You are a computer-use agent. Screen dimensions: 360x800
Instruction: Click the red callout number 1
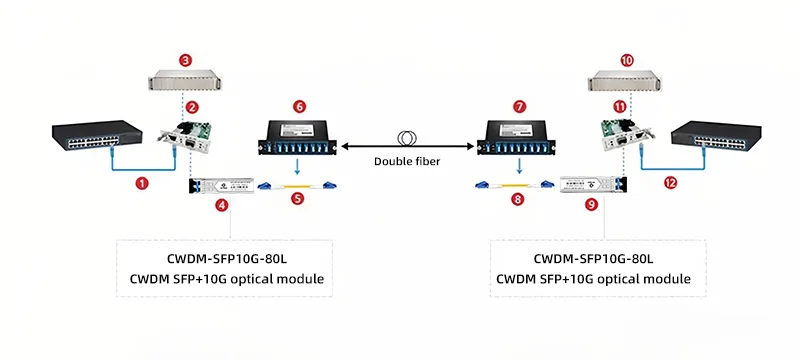pyautogui.click(x=142, y=183)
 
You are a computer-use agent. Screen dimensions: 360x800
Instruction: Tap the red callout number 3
pyautogui.click(x=186, y=60)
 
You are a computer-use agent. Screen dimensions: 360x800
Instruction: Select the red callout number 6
pyautogui.click(x=298, y=105)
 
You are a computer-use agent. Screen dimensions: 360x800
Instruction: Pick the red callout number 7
pyautogui.click(x=518, y=105)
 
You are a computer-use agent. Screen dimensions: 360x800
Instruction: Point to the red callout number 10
pyautogui.click(x=627, y=60)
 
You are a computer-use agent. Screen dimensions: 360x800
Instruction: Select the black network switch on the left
pyautogui.click(x=89, y=137)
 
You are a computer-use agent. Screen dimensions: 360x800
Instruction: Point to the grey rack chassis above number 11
pyautogui.click(x=626, y=82)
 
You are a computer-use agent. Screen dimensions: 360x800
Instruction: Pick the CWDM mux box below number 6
pyautogui.click(x=298, y=139)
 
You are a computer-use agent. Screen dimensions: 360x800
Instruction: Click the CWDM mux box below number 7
pyautogui.click(x=518, y=139)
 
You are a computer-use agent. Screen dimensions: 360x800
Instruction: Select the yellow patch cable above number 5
pyautogui.click(x=297, y=185)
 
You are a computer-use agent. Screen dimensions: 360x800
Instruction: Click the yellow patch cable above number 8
pyautogui.click(x=514, y=185)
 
